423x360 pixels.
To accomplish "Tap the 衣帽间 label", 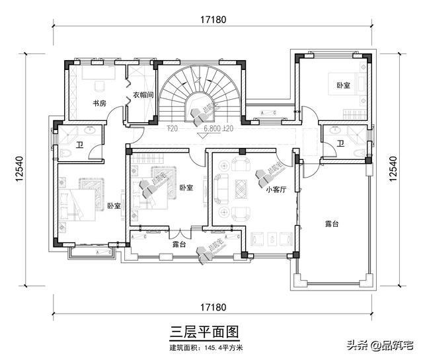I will pyautogui.click(x=143, y=95).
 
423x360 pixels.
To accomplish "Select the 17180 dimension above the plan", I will pyautogui.click(x=212, y=20).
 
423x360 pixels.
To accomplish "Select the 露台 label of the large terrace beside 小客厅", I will pyautogui.click(x=331, y=225).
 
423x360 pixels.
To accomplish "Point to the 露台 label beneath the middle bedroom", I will pyautogui.click(x=178, y=244).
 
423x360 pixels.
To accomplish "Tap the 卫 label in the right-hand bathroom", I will pyautogui.click(x=341, y=143).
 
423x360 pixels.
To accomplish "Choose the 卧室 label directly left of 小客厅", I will pyautogui.click(x=186, y=188).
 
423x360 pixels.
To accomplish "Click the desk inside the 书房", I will pyautogui.click(x=99, y=85).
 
